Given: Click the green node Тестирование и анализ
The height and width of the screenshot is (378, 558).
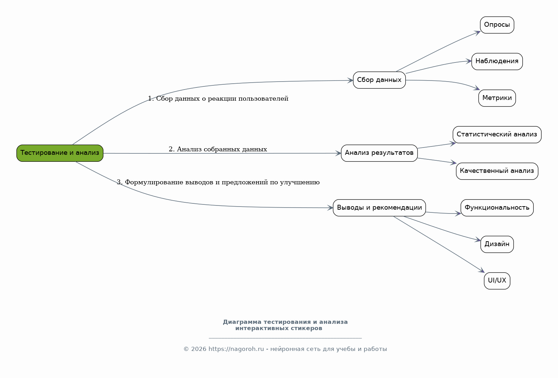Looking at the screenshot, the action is click(60, 153).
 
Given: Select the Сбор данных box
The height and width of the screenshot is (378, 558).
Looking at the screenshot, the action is click(379, 80).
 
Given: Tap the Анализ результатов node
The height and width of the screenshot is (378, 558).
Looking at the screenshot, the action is click(379, 153).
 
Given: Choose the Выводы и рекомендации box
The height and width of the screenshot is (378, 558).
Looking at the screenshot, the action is click(379, 208).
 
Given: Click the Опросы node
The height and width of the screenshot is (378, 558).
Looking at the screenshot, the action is click(497, 25).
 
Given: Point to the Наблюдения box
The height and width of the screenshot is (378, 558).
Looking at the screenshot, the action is click(497, 61).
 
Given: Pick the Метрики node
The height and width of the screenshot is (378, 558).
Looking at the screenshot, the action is click(497, 98).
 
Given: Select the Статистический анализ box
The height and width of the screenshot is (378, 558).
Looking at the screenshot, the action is click(497, 135).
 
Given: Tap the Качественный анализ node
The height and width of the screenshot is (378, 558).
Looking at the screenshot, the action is click(497, 171).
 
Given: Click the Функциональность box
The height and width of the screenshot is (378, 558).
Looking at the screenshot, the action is click(497, 208).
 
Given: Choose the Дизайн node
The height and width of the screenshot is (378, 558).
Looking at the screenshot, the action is click(497, 244).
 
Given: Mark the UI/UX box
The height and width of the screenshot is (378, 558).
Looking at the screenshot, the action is click(497, 281).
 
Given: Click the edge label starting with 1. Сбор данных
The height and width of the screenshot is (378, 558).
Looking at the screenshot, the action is click(218, 99).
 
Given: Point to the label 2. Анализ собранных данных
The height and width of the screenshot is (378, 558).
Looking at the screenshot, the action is click(218, 149).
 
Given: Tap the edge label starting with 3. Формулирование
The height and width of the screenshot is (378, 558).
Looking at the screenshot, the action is click(218, 182).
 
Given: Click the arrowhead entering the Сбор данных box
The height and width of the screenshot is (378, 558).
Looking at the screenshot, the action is click(350, 81).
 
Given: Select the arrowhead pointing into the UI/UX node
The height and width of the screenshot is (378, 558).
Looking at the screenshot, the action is click(482, 270).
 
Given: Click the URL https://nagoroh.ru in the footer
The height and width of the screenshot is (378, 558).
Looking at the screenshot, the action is click(236, 349).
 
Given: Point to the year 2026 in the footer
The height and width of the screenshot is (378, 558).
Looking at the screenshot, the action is click(198, 349).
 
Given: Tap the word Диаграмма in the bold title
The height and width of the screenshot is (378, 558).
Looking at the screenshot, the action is click(242, 322).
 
